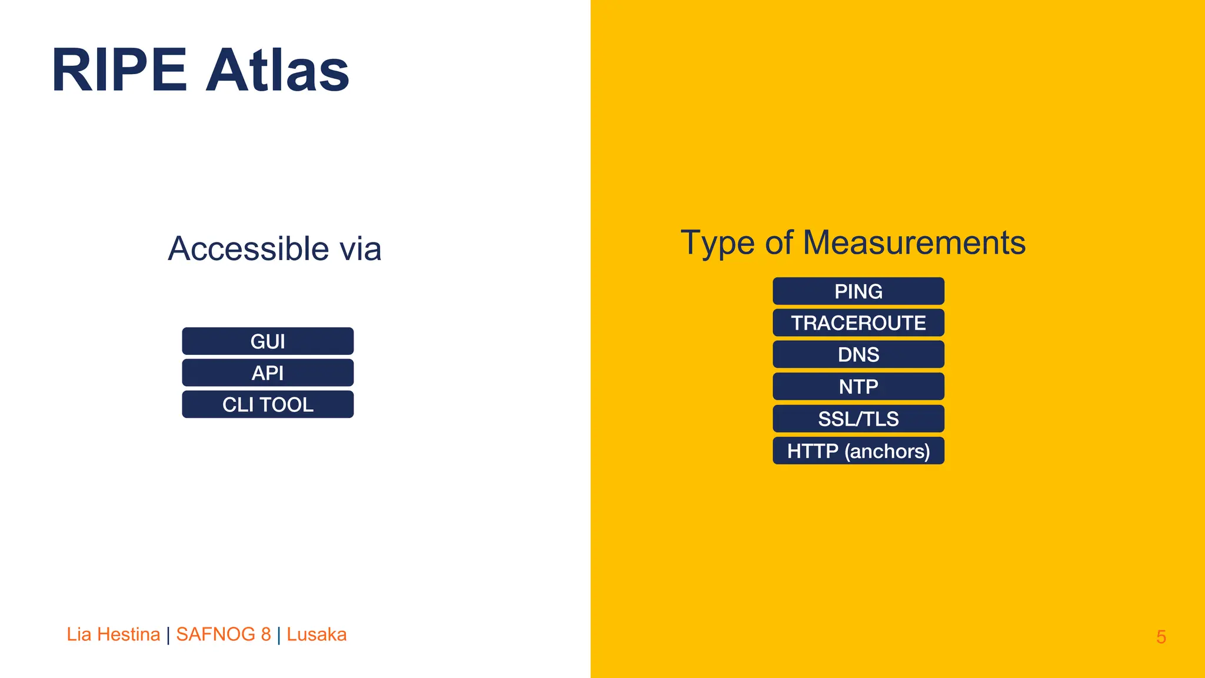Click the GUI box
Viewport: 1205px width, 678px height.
[268, 341]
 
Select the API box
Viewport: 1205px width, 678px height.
[268, 373]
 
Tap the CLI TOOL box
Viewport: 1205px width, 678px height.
[268, 405]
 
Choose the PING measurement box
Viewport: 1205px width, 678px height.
[858, 291]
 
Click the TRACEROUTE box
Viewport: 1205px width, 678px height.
[858, 323]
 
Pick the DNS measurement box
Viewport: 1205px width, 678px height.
[858, 355]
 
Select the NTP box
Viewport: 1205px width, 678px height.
[858, 387]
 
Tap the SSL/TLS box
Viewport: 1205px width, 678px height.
[858, 419]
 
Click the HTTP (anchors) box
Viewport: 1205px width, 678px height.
[858, 451]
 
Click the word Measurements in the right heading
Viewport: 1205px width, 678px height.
[914, 243]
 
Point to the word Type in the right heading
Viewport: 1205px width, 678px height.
[717, 243]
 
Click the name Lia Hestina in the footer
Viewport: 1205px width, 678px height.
[113, 634]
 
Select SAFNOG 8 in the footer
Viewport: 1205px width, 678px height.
[224, 634]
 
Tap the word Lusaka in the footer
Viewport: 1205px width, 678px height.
[317, 634]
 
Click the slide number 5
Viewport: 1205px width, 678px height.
[1161, 637]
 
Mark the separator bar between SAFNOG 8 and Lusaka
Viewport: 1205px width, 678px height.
[279, 635]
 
